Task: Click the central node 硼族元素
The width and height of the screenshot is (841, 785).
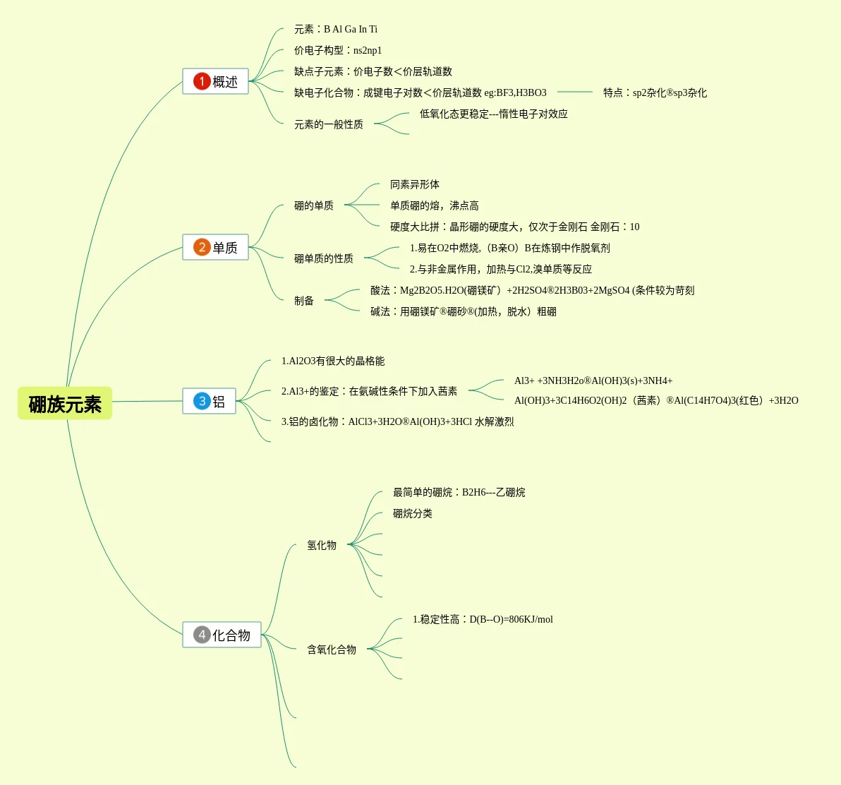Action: tap(65, 404)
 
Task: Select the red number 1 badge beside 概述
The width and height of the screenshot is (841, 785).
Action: tap(202, 81)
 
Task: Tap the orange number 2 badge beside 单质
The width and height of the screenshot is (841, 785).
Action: tap(202, 247)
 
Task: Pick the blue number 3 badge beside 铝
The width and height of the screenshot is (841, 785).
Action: tap(202, 401)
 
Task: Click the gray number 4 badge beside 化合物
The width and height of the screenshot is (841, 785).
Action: tap(202, 635)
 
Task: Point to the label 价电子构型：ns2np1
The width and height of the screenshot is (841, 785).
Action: tap(338, 50)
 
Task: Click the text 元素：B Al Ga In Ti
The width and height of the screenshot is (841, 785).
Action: tap(336, 29)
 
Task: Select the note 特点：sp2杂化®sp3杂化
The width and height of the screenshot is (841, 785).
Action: tap(655, 92)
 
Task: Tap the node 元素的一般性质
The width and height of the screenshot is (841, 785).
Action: tap(329, 124)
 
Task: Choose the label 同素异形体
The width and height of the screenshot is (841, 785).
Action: tap(415, 184)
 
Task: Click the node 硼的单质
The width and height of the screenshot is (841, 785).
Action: tap(314, 205)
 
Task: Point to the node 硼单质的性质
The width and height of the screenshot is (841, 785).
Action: tap(324, 258)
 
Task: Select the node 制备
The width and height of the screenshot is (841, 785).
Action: tap(304, 301)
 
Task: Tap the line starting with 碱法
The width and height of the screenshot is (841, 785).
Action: tap(464, 311)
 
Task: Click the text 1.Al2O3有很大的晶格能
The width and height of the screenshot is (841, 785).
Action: tap(333, 361)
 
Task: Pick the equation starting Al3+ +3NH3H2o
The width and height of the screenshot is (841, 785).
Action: tap(593, 380)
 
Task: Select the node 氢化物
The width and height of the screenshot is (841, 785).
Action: tap(322, 545)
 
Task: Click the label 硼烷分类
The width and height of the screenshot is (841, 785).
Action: tap(413, 513)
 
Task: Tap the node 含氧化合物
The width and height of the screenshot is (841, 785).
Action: tap(332, 649)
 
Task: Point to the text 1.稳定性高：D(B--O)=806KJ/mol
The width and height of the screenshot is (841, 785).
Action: tap(483, 619)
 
